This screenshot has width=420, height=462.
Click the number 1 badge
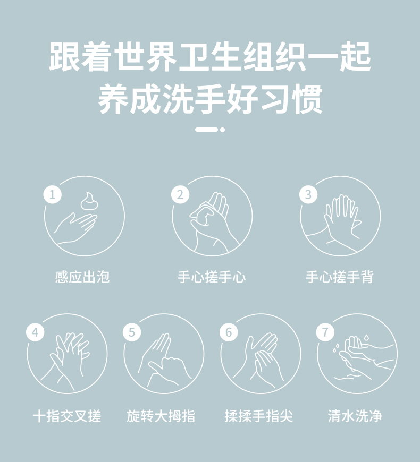tap(53, 194)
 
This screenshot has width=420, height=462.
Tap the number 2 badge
tap(180, 194)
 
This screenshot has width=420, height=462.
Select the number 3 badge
tap(308, 194)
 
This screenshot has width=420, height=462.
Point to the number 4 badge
tap(36, 332)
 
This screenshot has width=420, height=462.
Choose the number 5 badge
tap(132, 332)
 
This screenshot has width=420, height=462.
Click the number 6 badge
tap(229, 332)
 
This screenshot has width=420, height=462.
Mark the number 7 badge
tap(325, 332)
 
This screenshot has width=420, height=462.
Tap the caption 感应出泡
tap(82, 277)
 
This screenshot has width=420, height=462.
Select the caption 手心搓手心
tap(212, 277)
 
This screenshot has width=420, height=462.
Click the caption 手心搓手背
tap(340, 277)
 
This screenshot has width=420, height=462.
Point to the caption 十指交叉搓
tap(67, 416)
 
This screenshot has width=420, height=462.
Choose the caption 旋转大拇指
tap(161, 416)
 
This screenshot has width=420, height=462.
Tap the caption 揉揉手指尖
tap(259, 416)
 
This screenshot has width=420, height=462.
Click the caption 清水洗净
tap(355, 416)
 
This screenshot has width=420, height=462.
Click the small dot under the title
tap(222, 130)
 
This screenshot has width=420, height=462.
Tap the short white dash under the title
tap(206, 130)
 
